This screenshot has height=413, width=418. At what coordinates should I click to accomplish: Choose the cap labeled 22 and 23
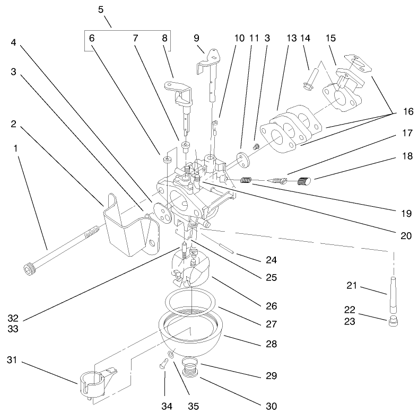tap(393, 321)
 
